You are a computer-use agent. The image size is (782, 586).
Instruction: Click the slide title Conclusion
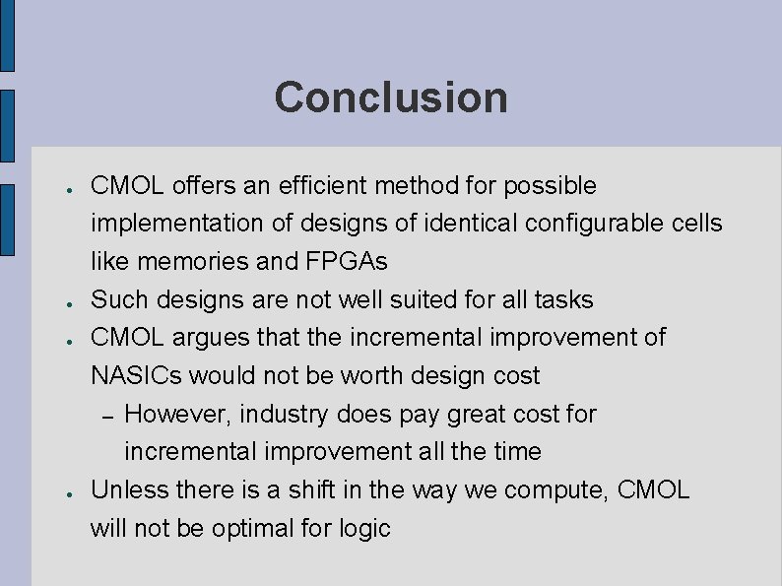391,98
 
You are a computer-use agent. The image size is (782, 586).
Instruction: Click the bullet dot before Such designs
60,300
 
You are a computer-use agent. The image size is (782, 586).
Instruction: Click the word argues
209,338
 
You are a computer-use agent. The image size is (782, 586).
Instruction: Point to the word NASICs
136,376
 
